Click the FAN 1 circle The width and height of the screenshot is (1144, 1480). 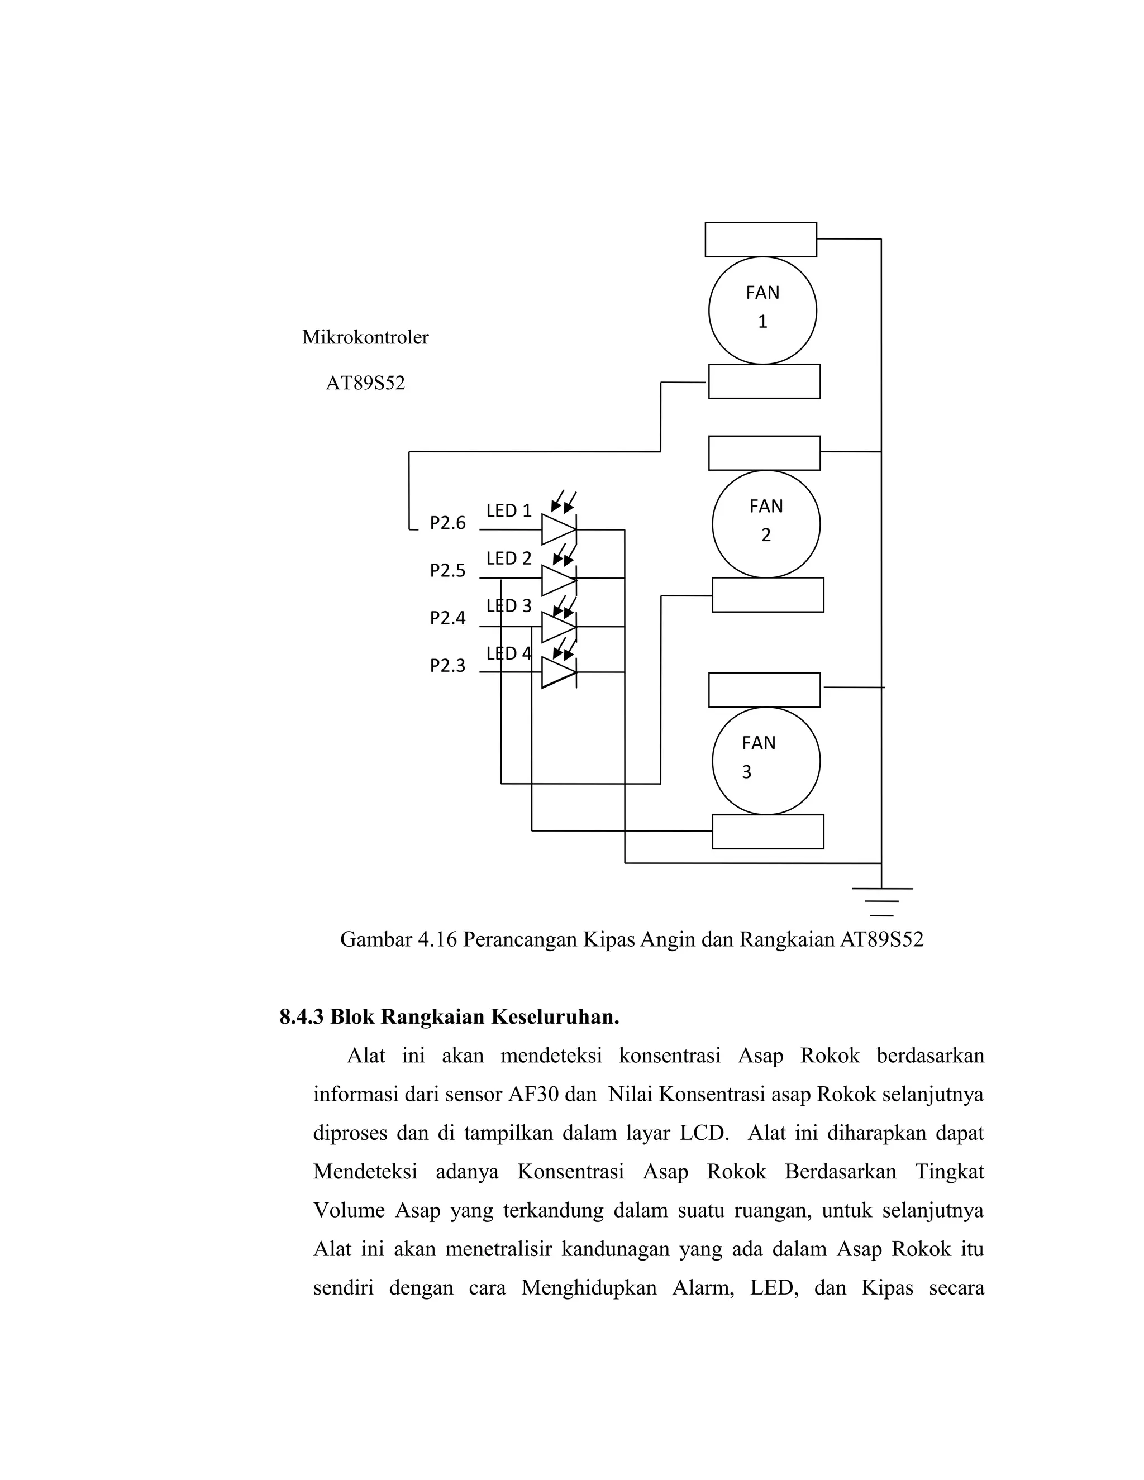coord(762,311)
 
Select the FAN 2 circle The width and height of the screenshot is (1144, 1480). coord(766,524)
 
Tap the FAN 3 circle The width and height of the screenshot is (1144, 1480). coord(766,761)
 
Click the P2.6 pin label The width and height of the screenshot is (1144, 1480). coord(447,523)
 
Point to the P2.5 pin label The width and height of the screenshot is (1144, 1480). coord(447,571)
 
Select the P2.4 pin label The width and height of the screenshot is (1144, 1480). coord(447,618)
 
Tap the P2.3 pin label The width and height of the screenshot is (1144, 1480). coord(447,666)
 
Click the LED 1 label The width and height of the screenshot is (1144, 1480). coord(509,510)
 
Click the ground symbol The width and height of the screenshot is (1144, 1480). coord(881,901)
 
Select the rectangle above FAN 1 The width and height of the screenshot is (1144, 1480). coord(760,239)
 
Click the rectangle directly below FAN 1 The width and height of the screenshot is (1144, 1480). coord(764,381)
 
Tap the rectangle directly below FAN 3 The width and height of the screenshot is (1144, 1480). coord(767,832)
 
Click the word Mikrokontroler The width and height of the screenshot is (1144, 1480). coord(365,337)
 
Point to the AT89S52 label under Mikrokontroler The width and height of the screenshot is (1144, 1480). coord(365,384)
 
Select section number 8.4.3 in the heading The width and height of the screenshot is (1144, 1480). coord(302,1016)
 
